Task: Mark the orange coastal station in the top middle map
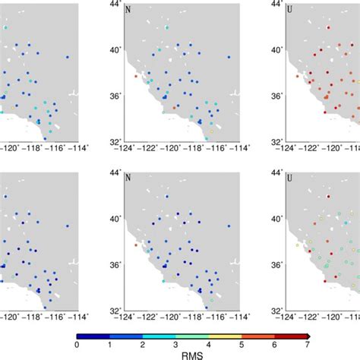tap(135, 76)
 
